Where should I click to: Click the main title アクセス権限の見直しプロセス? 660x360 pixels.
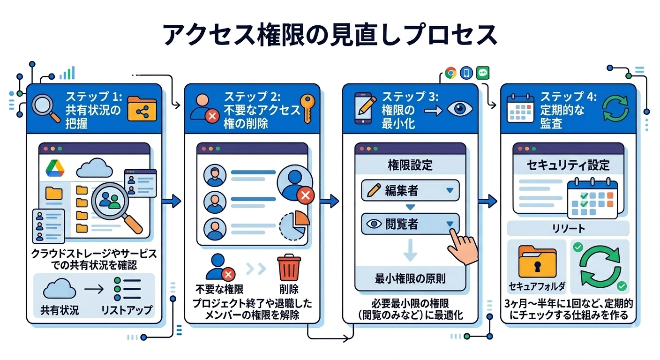pyautogui.click(x=330, y=34)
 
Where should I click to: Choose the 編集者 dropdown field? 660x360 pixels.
pyautogui.click(x=410, y=190)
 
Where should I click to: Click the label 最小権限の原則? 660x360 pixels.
pyautogui.click(x=410, y=278)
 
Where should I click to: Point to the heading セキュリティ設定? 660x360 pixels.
pyautogui.click(x=568, y=165)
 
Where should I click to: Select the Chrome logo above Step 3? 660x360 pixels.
pyautogui.click(x=450, y=73)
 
